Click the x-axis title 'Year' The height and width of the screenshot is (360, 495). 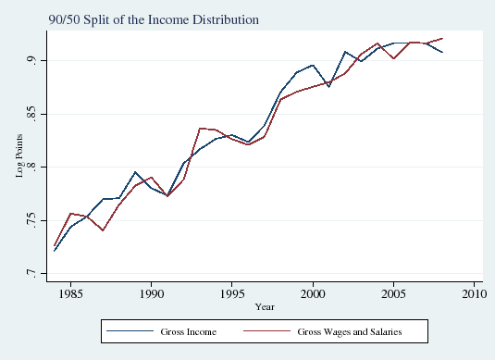[265, 306]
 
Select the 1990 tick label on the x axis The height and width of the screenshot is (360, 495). [152, 293]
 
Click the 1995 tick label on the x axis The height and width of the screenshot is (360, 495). [232, 293]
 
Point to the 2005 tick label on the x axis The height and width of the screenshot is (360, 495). [393, 293]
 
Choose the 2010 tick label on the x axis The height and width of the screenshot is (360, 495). [474, 293]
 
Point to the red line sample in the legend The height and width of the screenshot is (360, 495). [269, 330]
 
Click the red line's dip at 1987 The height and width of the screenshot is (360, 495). [103, 230]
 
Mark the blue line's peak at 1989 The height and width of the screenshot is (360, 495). [135, 172]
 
